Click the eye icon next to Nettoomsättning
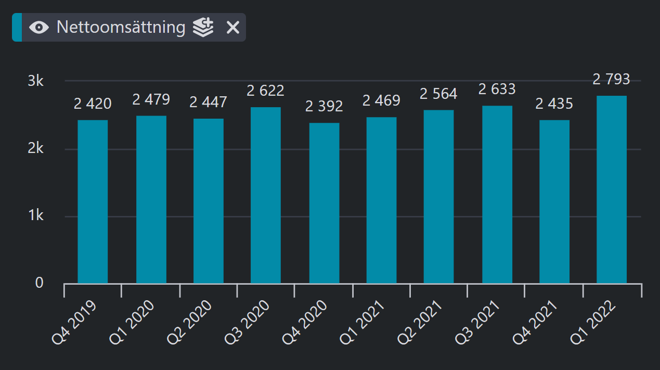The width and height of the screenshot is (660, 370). point(39,28)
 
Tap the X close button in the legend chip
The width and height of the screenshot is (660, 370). point(233,28)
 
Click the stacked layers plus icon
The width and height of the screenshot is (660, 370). point(203,27)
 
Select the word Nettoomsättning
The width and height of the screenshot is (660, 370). point(121,28)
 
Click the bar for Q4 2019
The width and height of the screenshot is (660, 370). point(93,202)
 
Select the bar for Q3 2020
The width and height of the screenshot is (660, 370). point(265,195)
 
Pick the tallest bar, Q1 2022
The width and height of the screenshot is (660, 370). point(612,189)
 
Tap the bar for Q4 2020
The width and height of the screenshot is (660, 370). point(324,203)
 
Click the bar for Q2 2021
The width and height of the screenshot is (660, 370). point(438,197)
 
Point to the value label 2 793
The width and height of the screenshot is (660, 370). point(612,79)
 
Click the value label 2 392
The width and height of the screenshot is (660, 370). point(324,106)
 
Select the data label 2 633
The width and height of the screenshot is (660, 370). point(497,89)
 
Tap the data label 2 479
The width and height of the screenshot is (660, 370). point(151,99)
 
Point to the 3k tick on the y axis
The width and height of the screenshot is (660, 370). point(36,81)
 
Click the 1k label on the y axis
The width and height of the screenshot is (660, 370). point(36,215)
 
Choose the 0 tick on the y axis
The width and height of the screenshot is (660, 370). point(39,283)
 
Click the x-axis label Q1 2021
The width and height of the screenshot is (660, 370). point(362,322)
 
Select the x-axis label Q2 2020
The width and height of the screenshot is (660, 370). point(189,322)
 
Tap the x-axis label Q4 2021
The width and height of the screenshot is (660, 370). point(535,322)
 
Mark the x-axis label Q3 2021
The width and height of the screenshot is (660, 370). point(477,322)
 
